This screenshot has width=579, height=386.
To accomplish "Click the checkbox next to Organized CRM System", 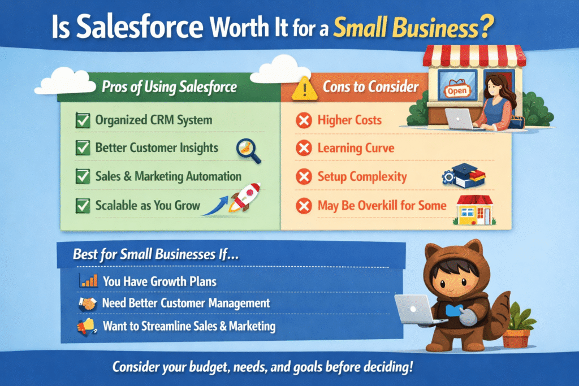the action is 83,120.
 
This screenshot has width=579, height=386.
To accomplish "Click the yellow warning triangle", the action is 304,89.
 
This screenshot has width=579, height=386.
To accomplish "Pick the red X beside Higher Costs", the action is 304,120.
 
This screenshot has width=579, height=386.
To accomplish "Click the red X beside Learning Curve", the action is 304,148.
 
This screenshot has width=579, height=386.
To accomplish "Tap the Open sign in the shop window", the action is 457,90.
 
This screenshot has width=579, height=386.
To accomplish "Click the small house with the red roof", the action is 474,210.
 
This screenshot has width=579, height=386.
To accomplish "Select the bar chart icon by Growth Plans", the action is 89,280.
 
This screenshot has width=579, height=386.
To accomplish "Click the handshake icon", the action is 88,303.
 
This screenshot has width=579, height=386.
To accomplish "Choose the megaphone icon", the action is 87,326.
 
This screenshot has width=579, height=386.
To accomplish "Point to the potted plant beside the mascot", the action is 518,325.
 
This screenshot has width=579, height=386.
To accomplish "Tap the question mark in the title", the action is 487,27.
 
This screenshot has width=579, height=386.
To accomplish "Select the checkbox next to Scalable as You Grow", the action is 83,206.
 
